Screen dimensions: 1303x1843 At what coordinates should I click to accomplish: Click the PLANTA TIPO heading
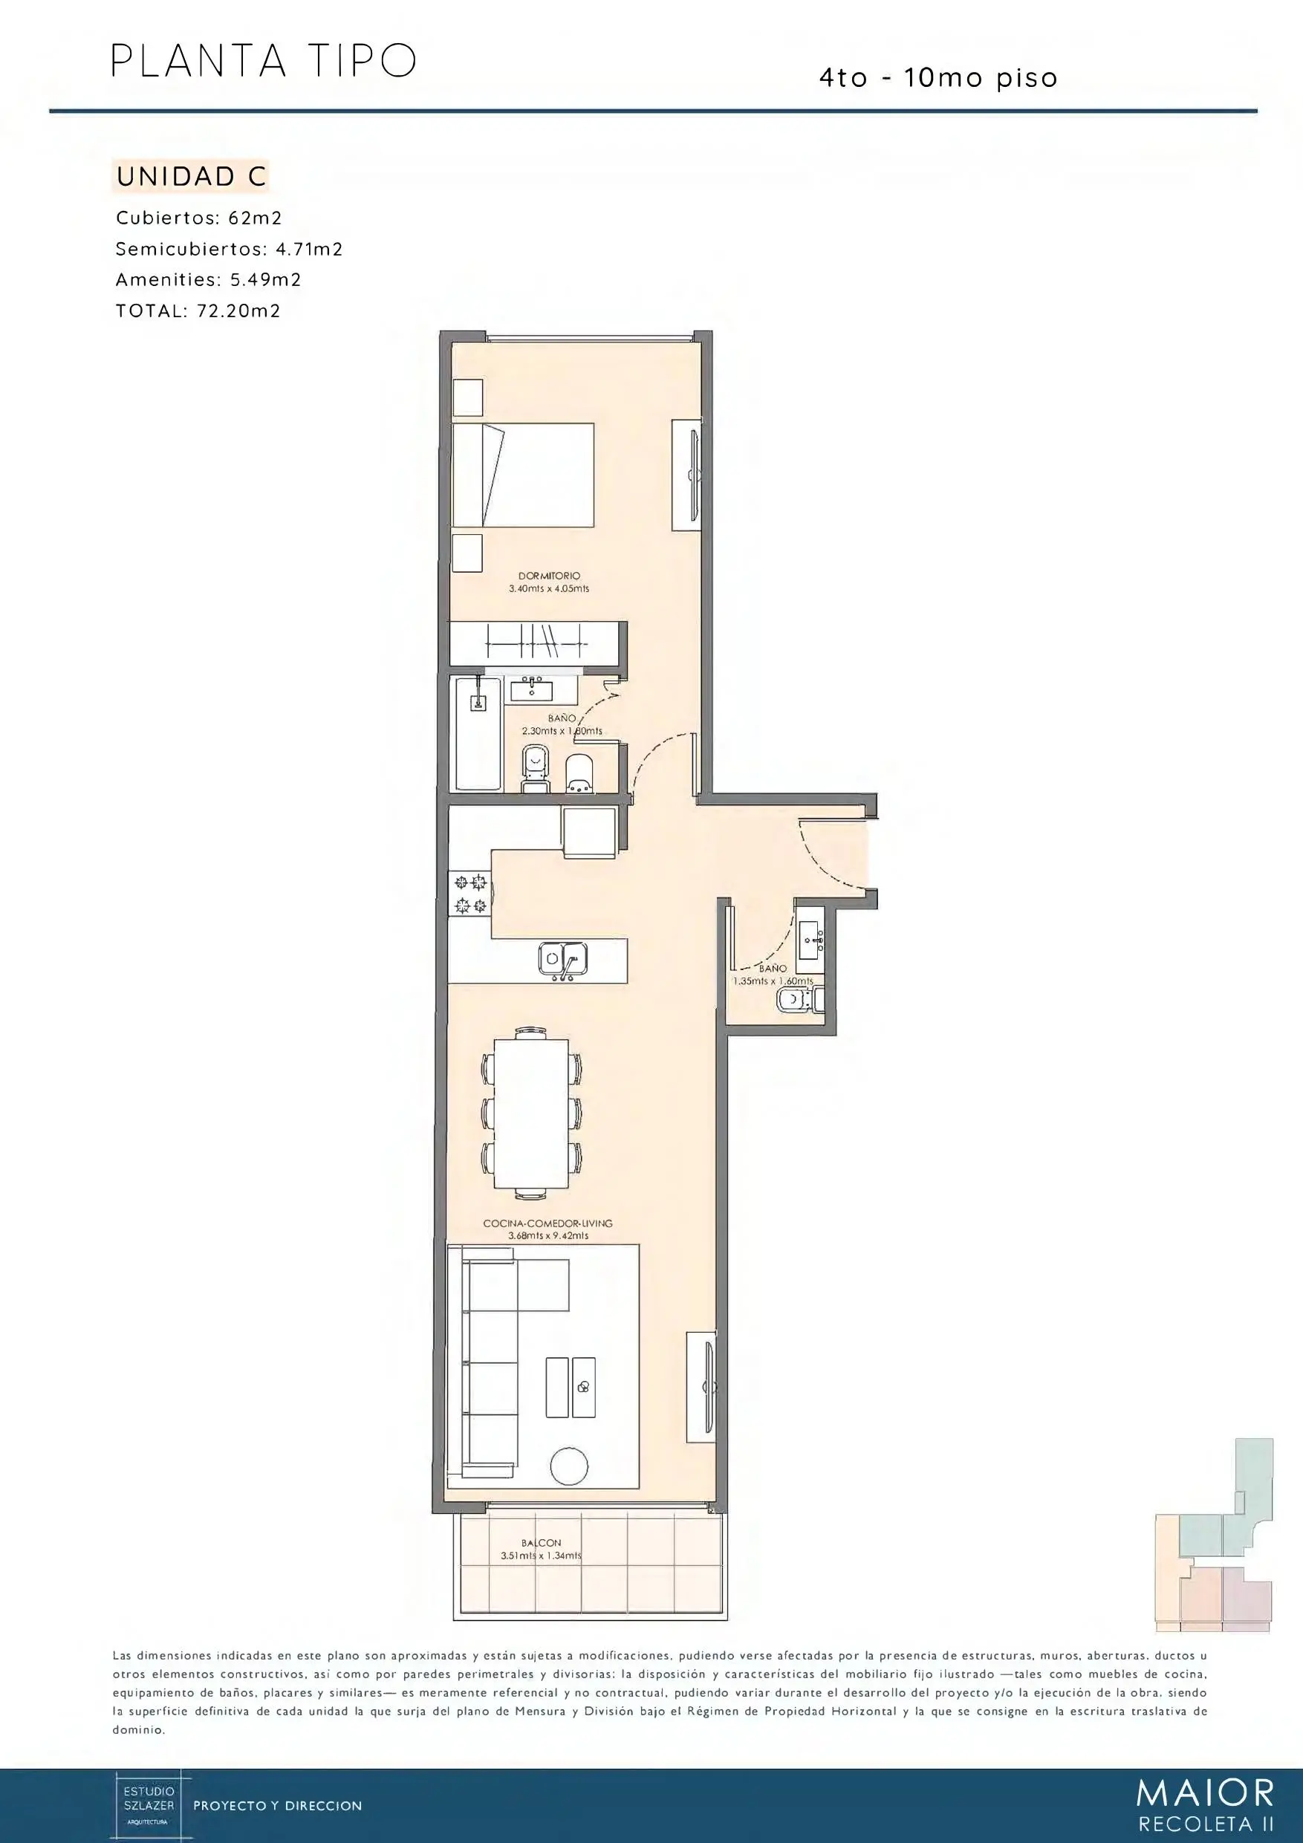click(x=263, y=61)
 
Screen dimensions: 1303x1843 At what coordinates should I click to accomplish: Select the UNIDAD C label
click(x=191, y=177)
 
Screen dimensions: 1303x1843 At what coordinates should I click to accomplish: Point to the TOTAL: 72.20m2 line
click(x=198, y=311)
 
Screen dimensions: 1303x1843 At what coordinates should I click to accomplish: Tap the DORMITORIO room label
click(x=549, y=576)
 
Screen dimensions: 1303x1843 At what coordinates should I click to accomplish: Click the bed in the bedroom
click(x=523, y=475)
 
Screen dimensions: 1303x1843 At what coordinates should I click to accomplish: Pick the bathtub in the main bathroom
click(x=478, y=734)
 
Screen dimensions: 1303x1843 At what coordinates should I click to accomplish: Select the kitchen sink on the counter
click(x=562, y=958)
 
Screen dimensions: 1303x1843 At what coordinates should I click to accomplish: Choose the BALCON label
click(x=541, y=1543)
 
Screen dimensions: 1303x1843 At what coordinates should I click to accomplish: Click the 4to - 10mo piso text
click(x=938, y=78)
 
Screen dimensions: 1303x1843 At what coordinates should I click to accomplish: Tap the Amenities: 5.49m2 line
click(x=208, y=280)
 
